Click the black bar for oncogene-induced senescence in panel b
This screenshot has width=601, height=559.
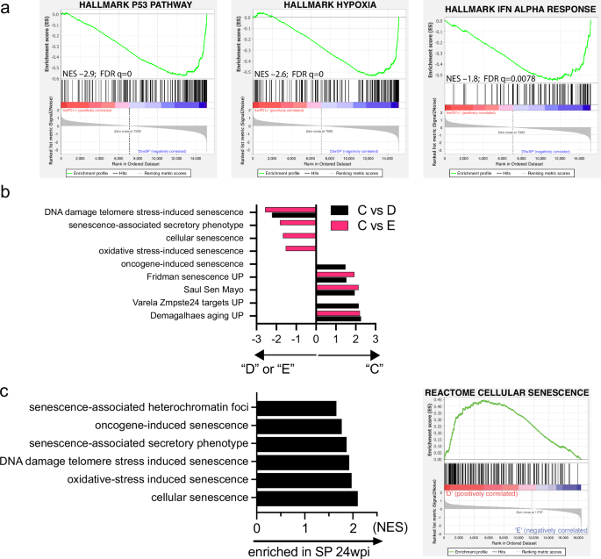pyautogui.click(x=331, y=267)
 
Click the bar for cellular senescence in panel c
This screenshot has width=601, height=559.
pyautogui.click(x=307, y=498)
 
